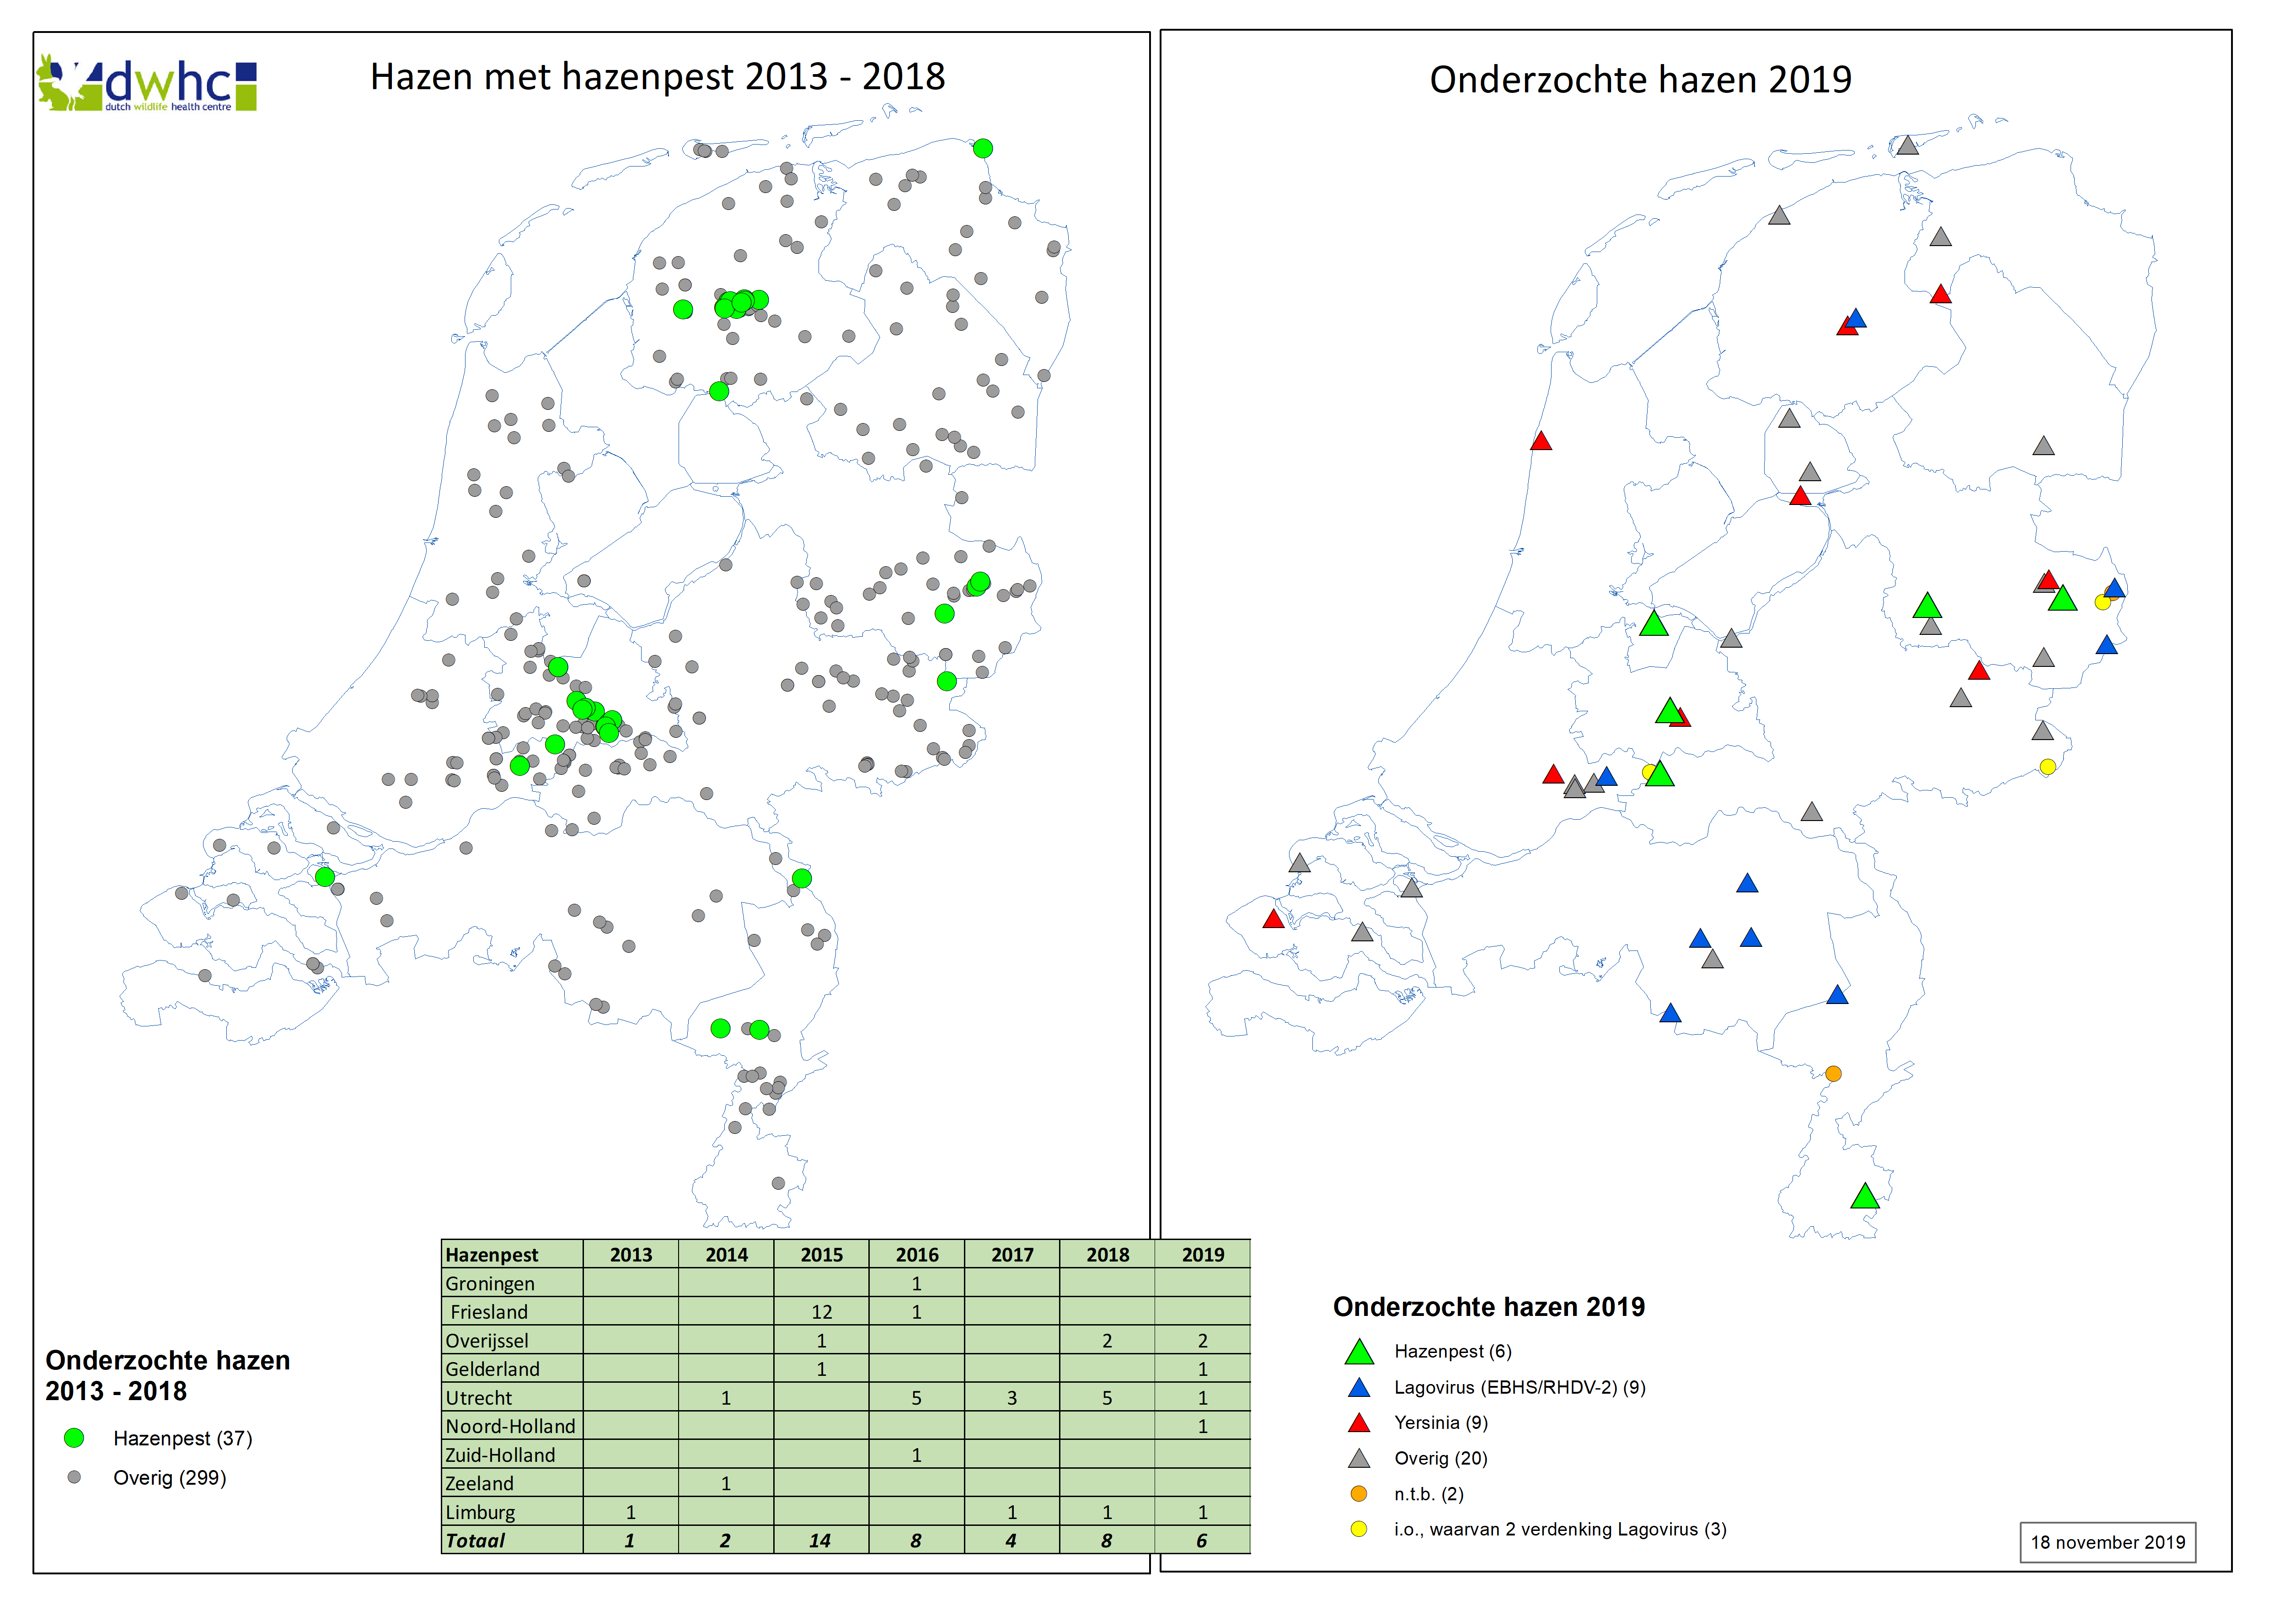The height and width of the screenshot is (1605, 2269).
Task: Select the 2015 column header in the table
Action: [821, 1254]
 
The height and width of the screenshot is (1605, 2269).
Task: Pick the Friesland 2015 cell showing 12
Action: [821, 1311]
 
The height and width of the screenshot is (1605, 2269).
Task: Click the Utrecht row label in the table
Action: [479, 1397]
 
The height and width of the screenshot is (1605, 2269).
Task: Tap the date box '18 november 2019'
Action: [2107, 1542]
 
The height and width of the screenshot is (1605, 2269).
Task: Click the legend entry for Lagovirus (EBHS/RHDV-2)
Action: [1519, 1386]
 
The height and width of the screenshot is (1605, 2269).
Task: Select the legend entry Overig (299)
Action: [169, 1477]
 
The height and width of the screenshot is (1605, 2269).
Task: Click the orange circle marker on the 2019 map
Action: [1833, 1074]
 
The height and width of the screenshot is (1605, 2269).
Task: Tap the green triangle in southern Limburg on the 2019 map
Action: [1864, 1197]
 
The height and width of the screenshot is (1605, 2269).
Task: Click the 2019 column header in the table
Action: [1203, 1254]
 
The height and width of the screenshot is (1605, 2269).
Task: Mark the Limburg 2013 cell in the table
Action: [631, 1511]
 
